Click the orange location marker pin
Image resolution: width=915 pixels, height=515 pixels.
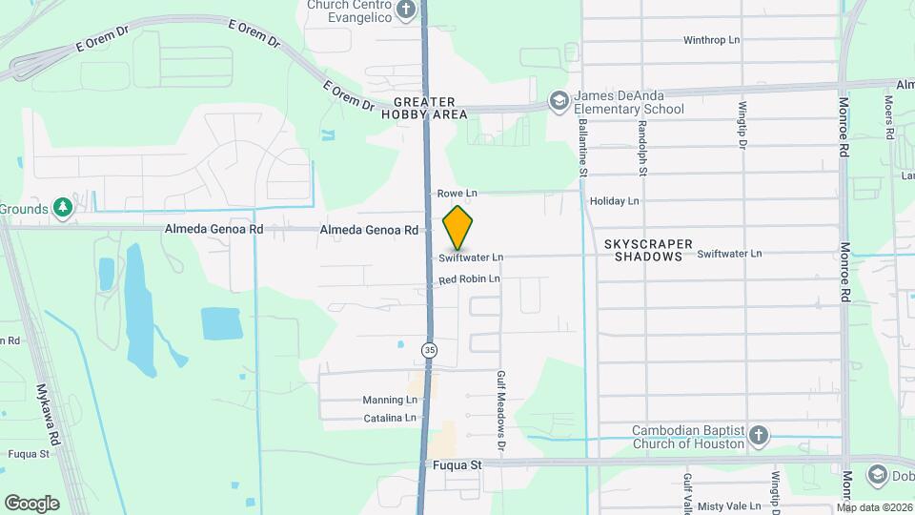point(458,227)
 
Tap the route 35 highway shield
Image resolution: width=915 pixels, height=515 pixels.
point(430,350)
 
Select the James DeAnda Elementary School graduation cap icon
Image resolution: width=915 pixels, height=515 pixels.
point(559,101)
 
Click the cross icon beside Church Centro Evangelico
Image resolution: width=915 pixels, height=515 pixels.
point(407,10)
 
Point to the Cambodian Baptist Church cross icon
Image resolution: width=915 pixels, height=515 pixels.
point(759,436)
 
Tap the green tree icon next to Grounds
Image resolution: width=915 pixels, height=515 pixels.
point(63,208)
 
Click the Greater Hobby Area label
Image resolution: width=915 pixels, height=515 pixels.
point(431,108)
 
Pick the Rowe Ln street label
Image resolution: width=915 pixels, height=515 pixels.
point(457,194)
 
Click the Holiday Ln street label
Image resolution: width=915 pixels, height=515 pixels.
point(615,201)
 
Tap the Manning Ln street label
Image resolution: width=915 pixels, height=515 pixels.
point(390,400)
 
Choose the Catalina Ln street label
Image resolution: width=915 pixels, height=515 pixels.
point(390,418)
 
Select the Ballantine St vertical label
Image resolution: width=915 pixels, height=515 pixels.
point(582,146)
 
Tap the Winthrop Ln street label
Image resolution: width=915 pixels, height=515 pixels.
point(712,40)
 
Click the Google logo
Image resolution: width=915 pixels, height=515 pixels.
point(31,503)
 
